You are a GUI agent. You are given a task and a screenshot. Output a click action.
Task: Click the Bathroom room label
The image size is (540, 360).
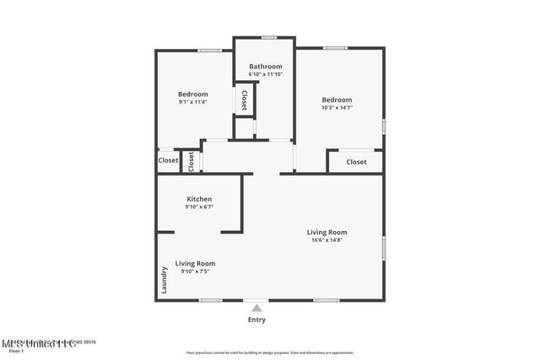coord(265,66)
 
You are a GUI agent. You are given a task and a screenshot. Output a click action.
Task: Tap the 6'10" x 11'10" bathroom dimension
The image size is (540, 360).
coord(265,74)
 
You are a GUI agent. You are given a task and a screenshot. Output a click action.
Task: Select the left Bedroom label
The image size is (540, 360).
coord(192,94)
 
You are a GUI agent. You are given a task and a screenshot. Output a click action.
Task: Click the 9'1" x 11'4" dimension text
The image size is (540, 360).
coord(192,102)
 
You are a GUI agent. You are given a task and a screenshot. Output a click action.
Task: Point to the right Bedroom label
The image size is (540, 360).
coord(337,99)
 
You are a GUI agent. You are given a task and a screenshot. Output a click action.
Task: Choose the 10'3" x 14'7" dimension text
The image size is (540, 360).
coord(337,108)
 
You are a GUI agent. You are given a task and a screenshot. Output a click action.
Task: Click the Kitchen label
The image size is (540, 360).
coord(199,199)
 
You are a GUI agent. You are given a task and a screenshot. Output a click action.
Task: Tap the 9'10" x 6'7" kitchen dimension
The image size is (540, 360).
coord(199,207)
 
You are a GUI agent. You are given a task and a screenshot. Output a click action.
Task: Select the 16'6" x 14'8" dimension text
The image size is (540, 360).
coord(327,240)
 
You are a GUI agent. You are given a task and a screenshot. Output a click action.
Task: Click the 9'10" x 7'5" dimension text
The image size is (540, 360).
coord(195,271)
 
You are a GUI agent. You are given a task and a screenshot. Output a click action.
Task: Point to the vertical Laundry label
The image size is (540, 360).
coord(163,282)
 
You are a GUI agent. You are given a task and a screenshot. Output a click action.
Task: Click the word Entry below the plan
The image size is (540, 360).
coord(256,320)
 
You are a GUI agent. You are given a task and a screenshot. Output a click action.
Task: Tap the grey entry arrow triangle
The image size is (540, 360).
coord(256,308)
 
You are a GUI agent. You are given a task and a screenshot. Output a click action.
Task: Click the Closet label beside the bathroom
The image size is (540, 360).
coord(245,100)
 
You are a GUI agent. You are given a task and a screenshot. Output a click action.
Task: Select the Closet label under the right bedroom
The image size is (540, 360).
coord(356,162)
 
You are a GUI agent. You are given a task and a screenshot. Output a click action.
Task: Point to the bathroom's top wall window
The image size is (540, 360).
coord(268,37)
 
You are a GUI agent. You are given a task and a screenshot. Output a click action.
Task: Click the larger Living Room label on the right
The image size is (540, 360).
coord(327,232)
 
